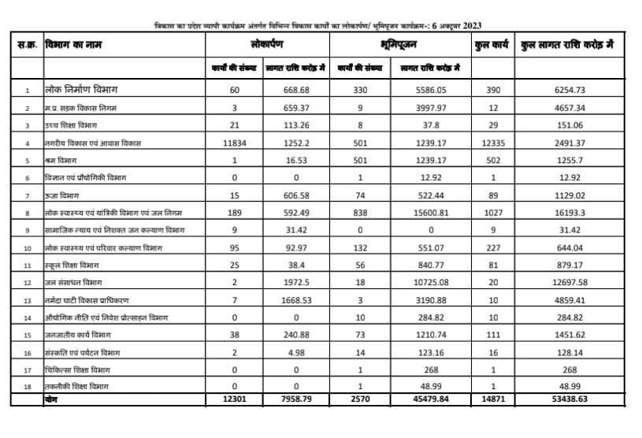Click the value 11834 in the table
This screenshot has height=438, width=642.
click(x=235, y=143)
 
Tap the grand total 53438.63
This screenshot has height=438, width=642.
click(x=566, y=399)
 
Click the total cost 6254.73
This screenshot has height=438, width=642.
click(x=566, y=91)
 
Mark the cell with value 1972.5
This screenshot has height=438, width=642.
click(x=290, y=281)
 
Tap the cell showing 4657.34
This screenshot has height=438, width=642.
click(x=566, y=109)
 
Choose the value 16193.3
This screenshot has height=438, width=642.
click(x=566, y=212)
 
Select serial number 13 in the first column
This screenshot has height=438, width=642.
click(x=28, y=300)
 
